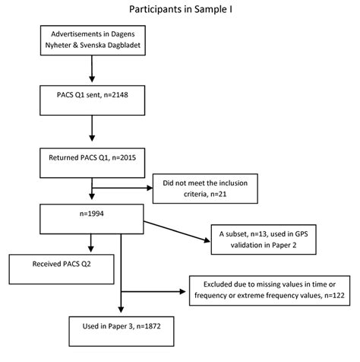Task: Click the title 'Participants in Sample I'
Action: point(180,11)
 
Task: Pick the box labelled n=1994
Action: point(91,221)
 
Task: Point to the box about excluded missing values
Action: point(267,290)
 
